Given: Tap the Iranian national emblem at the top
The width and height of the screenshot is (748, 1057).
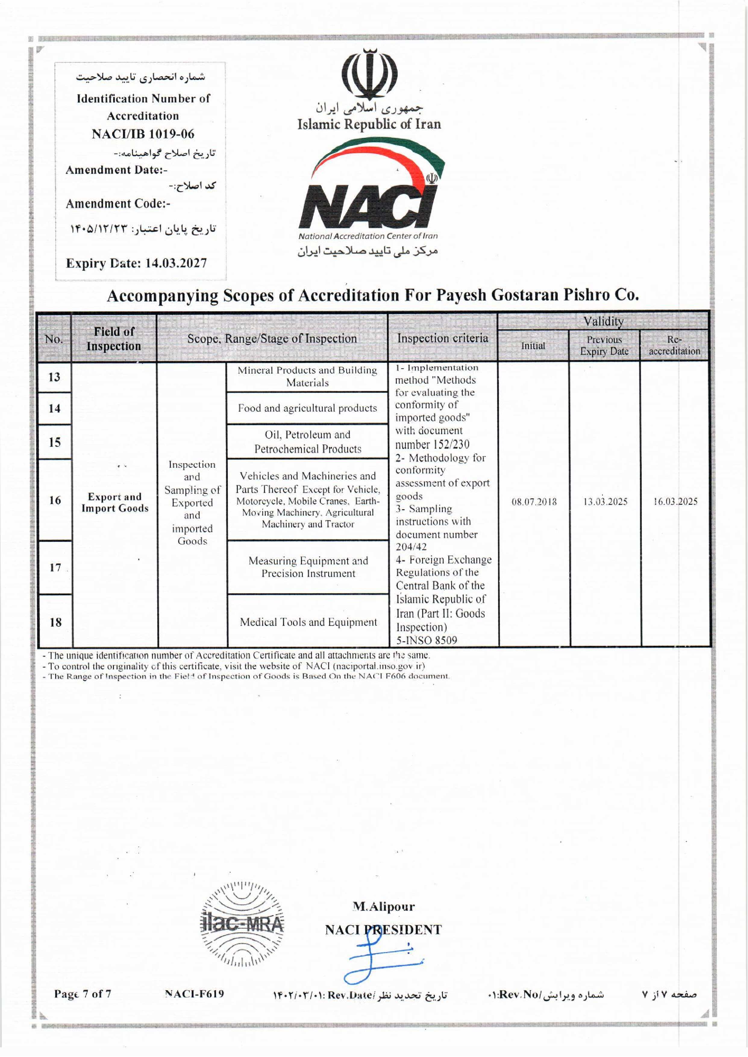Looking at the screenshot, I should (x=369, y=74).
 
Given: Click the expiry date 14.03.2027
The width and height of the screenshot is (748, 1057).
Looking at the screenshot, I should (x=176, y=263).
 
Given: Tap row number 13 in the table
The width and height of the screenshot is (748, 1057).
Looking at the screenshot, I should (x=54, y=377).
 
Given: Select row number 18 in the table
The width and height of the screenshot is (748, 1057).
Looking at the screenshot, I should (x=55, y=622).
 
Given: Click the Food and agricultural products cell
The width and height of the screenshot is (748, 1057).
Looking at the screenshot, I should (x=307, y=408).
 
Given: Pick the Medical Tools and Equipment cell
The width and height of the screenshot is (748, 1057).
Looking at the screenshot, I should (x=308, y=622).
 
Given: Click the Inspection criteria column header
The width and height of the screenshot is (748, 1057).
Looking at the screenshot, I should (x=442, y=338).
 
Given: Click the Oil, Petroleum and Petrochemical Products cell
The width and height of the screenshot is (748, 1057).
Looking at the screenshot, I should (x=307, y=442).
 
